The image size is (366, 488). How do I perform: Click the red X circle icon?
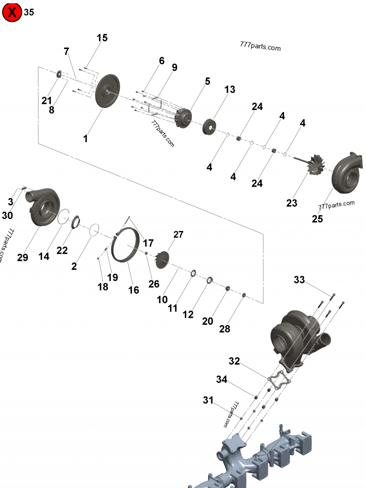click(12, 12)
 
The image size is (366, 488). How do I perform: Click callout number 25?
click(317, 219)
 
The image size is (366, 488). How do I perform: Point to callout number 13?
click(229, 90)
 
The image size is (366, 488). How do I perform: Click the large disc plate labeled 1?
click(108, 91)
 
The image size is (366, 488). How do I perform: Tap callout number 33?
click(299, 279)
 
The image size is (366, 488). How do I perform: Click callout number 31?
click(208, 400)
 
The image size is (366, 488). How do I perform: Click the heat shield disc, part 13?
click(210, 126)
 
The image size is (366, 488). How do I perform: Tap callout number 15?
click(102, 38)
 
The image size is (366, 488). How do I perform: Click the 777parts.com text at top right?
click(260, 47)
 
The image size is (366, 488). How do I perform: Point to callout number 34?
click(221, 379)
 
